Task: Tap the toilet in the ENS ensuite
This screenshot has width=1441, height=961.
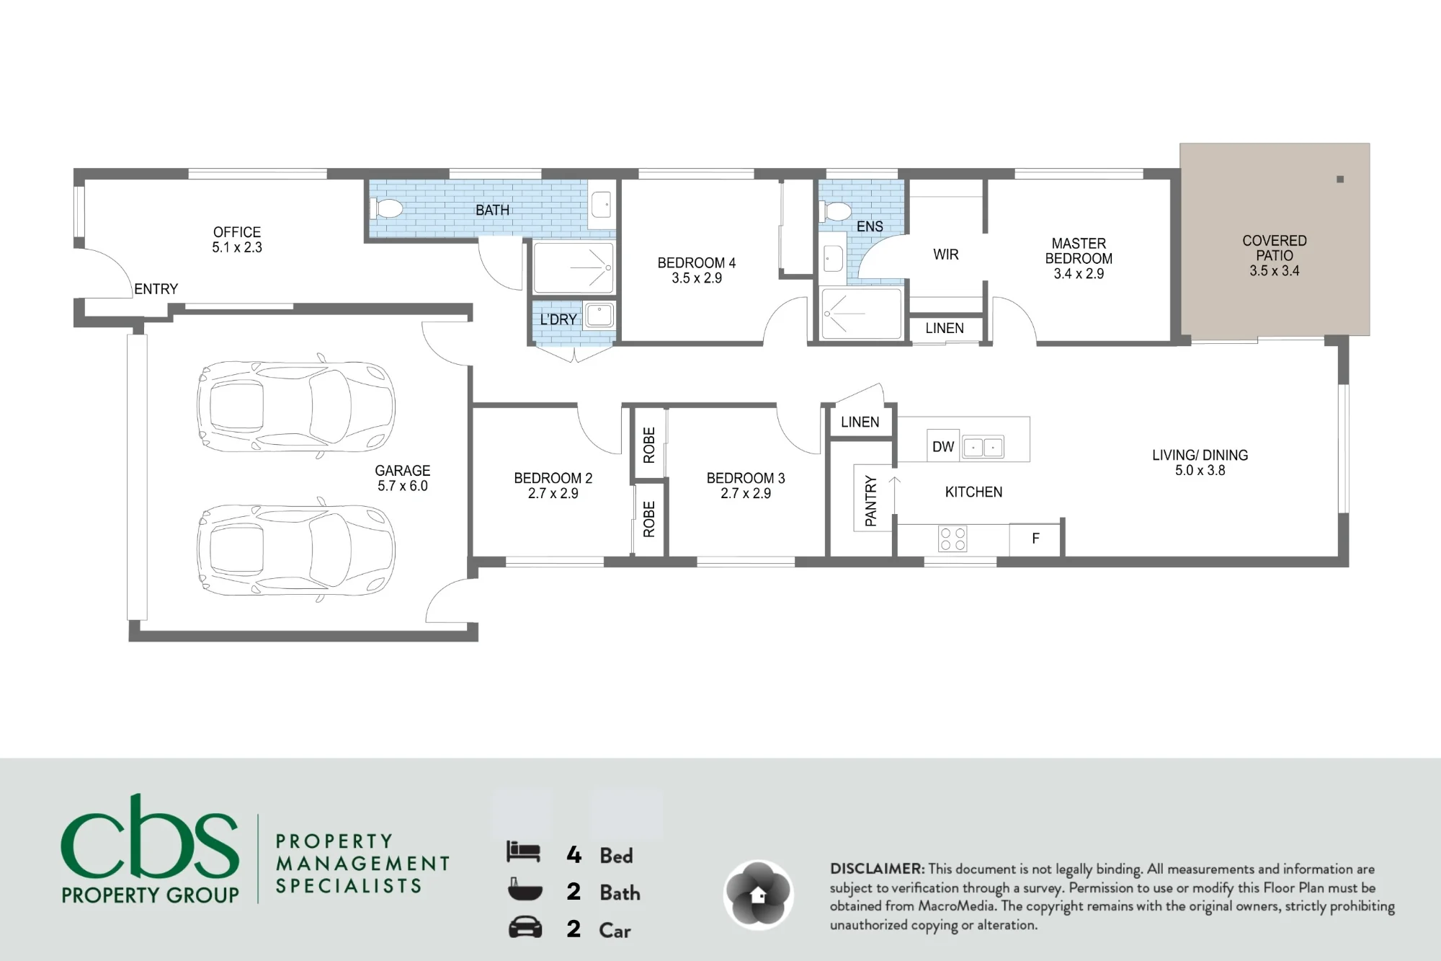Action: (835, 211)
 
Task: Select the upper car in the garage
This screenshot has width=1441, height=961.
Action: (296, 407)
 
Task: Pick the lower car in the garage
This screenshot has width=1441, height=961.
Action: (296, 549)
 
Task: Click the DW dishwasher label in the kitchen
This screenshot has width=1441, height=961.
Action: (942, 447)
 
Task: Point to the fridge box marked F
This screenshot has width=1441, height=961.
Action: (1035, 539)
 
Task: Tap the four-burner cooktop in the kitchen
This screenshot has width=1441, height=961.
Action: (953, 539)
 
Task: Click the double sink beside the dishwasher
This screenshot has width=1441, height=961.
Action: (983, 448)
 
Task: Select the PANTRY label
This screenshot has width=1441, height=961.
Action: (871, 500)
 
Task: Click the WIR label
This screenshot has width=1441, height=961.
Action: (945, 254)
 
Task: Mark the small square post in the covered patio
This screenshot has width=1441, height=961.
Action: (1340, 180)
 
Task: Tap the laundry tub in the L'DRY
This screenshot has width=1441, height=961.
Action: (599, 315)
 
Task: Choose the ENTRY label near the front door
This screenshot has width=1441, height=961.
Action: (156, 289)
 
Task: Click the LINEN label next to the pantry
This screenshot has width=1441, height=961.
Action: (860, 422)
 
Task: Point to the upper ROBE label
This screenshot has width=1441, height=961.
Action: (649, 445)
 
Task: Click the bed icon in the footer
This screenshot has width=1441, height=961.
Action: (523, 852)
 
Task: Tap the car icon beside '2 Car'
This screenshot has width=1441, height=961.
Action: (525, 927)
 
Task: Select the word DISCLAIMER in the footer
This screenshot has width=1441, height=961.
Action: (877, 869)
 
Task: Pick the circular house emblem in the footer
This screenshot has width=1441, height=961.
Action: (758, 895)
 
